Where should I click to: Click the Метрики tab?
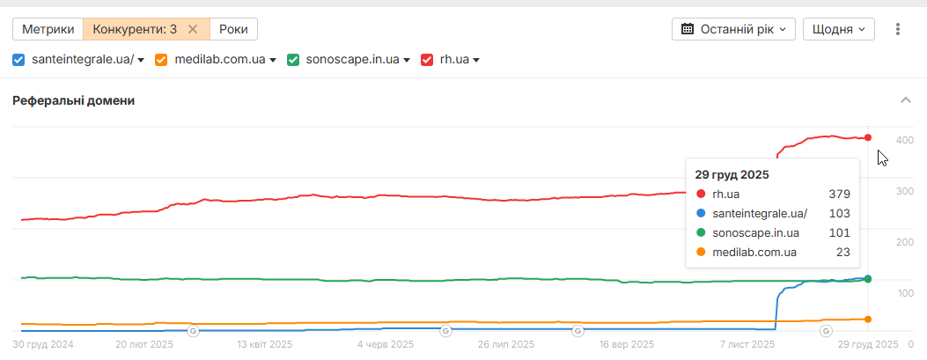(x=48, y=29)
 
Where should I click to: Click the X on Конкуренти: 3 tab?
(x=193, y=29)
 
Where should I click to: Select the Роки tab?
(x=233, y=29)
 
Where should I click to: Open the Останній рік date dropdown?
(x=734, y=29)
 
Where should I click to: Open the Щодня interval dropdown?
(x=837, y=29)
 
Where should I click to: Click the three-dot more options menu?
(x=898, y=29)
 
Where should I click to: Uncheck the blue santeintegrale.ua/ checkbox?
(x=19, y=60)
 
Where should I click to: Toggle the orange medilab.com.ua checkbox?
(x=161, y=60)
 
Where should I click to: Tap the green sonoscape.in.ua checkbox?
(x=294, y=60)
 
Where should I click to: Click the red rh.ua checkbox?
(x=428, y=60)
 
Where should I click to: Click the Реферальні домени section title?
(x=73, y=100)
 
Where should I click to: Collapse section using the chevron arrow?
(x=905, y=100)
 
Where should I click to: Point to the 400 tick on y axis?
(x=904, y=140)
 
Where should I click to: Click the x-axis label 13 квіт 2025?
(x=265, y=344)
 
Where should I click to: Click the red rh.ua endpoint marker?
(x=868, y=137)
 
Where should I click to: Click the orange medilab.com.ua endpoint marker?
(x=868, y=319)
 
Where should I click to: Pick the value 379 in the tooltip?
(x=839, y=194)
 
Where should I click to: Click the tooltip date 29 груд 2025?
(x=732, y=175)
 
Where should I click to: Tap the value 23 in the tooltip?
(x=842, y=253)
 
